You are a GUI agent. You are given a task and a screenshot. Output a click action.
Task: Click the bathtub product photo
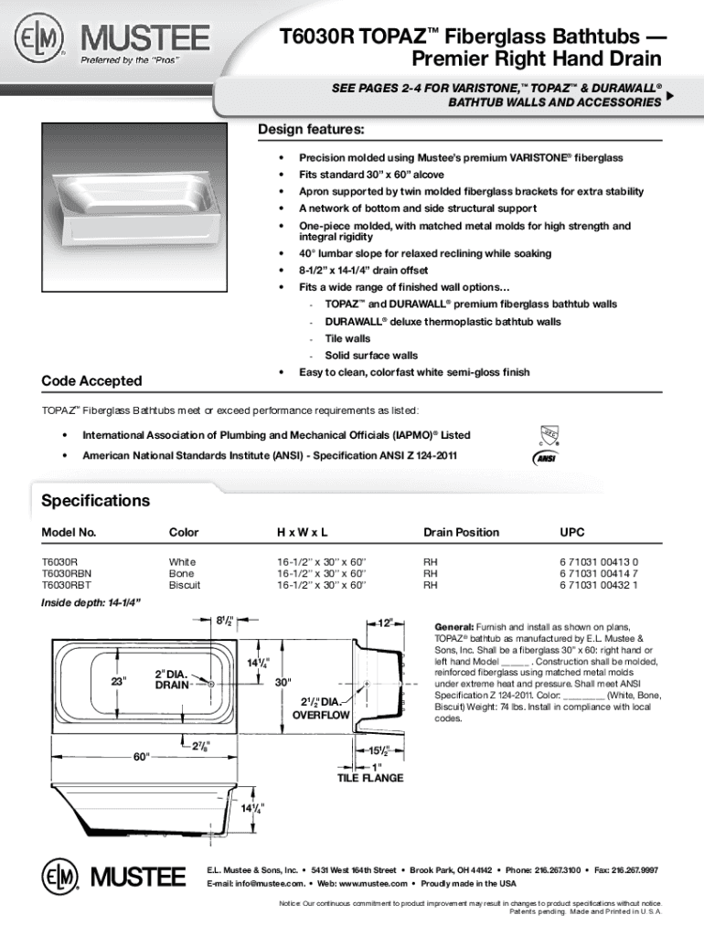(x=134, y=200)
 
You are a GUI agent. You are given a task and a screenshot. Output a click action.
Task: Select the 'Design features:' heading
(x=311, y=129)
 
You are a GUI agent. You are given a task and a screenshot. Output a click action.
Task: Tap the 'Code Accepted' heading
(x=92, y=380)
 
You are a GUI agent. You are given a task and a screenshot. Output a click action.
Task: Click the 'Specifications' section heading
(x=96, y=501)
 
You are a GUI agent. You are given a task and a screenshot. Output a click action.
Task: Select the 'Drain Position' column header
(x=461, y=532)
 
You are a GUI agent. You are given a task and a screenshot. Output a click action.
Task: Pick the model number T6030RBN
(x=67, y=572)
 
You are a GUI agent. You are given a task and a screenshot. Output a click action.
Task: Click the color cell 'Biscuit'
(x=185, y=584)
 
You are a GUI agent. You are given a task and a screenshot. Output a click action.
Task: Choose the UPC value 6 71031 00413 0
(x=599, y=560)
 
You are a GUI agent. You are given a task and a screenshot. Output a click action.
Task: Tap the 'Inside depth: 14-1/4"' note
(x=91, y=603)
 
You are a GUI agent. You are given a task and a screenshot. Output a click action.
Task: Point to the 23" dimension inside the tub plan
(x=118, y=681)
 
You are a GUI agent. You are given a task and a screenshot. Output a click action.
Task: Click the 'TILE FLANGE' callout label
(x=370, y=779)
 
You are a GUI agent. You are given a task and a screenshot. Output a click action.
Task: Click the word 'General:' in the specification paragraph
(x=453, y=627)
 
